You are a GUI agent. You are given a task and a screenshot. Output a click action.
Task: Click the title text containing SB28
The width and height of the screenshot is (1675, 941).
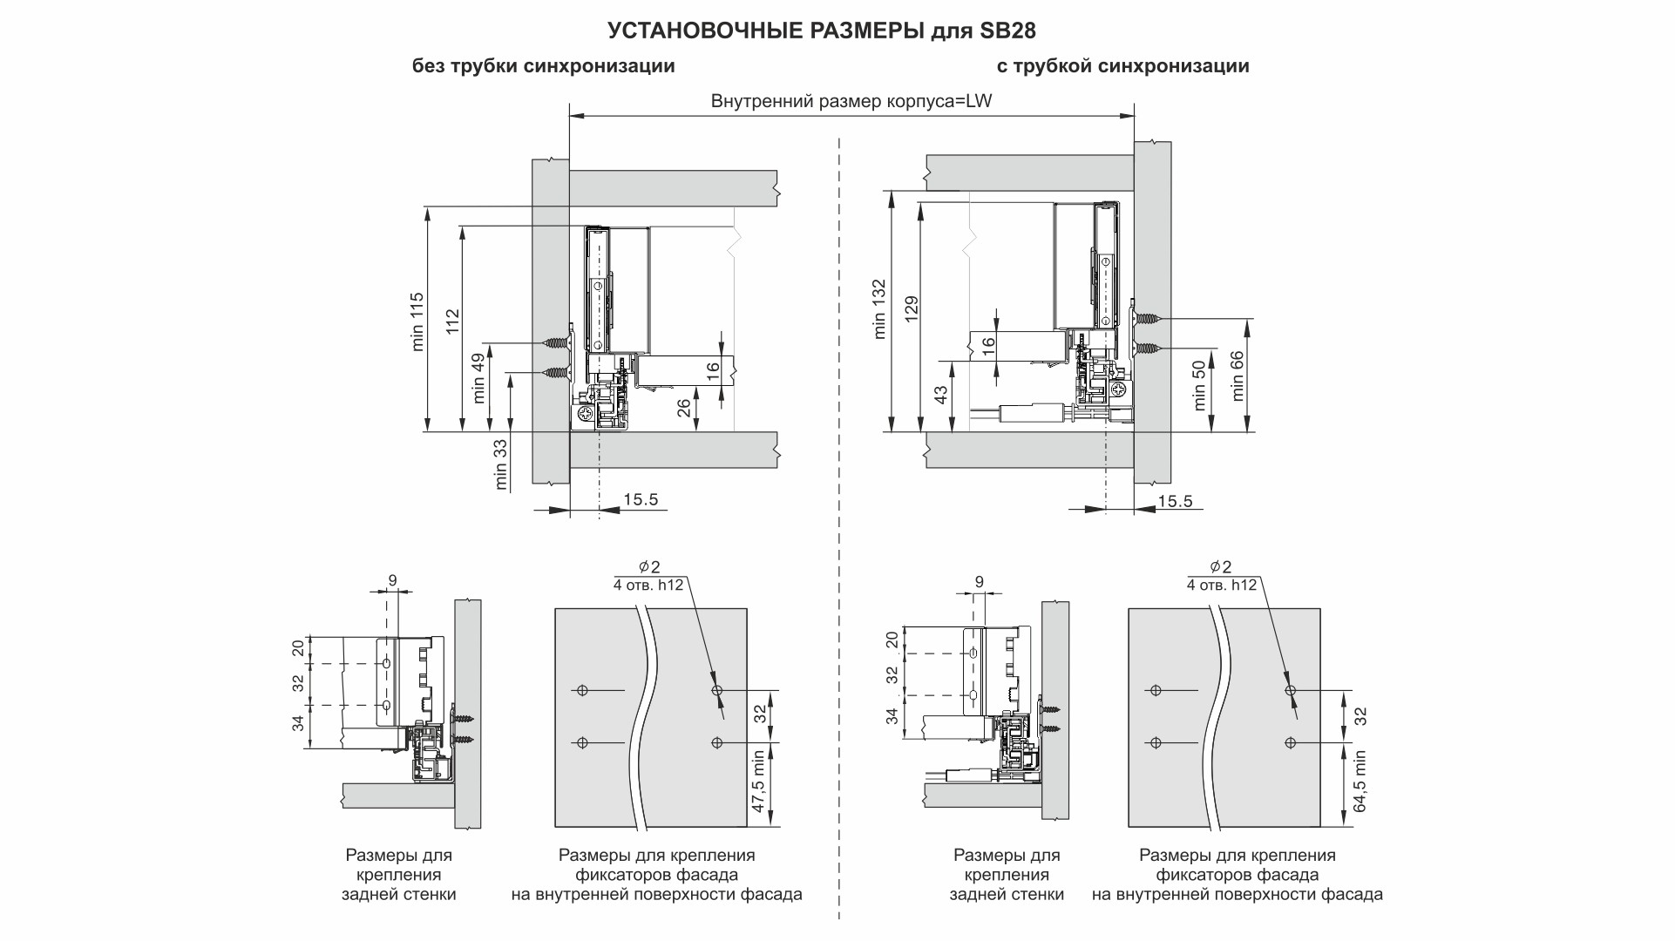tap(821, 30)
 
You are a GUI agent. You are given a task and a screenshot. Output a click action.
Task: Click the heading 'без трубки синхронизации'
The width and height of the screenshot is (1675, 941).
tap(543, 66)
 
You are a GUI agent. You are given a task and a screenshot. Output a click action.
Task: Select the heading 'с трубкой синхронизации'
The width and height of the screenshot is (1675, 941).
tap(1122, 66)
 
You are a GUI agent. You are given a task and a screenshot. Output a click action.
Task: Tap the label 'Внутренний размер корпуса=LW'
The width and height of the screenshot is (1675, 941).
tap(851, 101)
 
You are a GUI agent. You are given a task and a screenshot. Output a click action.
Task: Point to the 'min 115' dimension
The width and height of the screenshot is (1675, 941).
tap(417, 321)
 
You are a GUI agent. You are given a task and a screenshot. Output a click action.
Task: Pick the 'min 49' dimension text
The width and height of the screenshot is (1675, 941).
tap(478, 377)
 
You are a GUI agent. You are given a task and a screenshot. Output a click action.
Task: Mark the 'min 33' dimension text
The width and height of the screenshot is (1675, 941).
tap(500, 464)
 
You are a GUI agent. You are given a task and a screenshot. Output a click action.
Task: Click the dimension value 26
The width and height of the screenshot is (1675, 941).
tap(685, 407)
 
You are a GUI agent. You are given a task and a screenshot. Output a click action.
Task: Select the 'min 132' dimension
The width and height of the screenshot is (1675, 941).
tap(878, 308)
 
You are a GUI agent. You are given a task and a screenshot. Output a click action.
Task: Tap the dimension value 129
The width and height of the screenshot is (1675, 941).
tap(912, 310)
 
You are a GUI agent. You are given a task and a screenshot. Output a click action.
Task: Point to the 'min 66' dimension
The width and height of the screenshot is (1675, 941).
tap(1238, 376)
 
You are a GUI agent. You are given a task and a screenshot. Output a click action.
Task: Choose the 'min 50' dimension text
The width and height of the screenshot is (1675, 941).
tap(1200, 386)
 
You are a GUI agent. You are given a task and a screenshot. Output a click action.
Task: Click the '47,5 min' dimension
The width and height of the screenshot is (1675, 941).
tap(758, 782)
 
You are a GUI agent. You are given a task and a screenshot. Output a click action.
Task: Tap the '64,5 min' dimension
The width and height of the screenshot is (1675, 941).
tap(1360, 782)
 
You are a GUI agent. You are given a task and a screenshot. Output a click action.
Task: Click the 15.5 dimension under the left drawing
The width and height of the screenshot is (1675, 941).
tap(641, 500)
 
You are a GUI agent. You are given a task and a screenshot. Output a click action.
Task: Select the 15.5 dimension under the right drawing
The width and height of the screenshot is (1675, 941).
tap(1175, 501)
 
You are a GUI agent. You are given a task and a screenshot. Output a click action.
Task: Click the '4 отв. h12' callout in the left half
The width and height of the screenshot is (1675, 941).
tap(648, 586)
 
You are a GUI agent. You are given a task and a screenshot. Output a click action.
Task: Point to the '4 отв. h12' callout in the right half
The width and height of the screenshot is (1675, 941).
tap(1221, 586)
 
